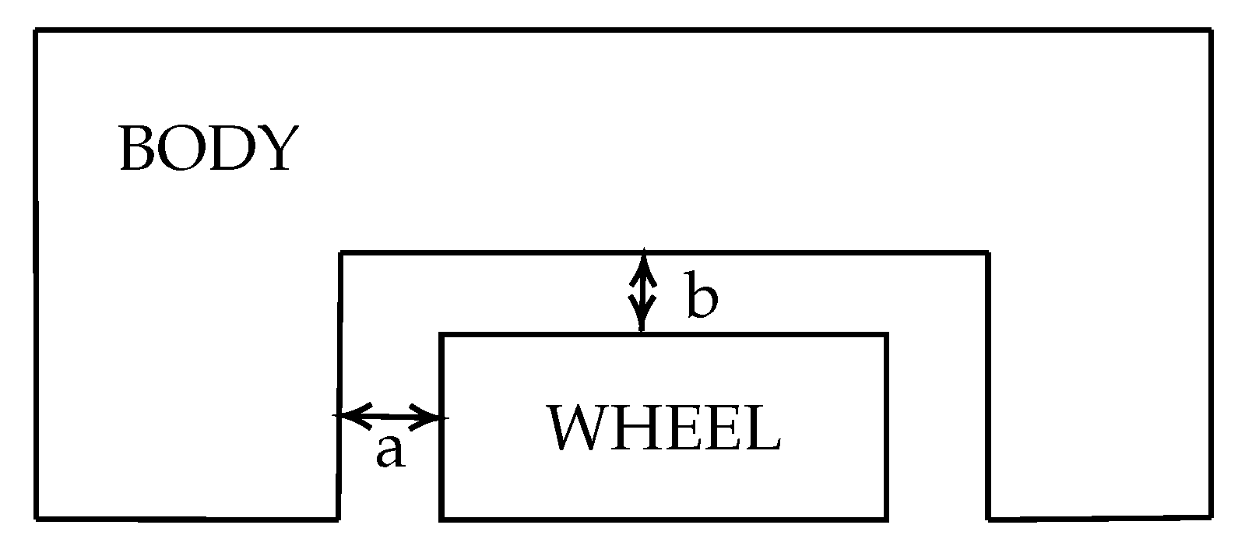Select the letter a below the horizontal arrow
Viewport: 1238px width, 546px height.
(390, 451)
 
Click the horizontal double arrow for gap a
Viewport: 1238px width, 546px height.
(391, 416)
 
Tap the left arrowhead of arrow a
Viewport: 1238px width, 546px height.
(346, 415)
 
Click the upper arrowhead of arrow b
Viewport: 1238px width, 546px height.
(642, 260)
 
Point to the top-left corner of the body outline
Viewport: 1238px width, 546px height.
(37, 31)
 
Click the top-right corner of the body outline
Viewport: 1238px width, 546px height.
(1210, 31)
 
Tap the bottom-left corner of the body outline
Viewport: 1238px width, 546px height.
(37, 516)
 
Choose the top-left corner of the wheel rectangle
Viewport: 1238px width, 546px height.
(441, 335)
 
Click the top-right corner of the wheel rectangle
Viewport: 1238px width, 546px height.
(887, 335)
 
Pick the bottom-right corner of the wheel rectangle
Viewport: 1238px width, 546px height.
(887, 518)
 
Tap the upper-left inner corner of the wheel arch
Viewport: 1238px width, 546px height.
(342, 252)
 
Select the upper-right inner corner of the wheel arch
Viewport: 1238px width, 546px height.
(987, 252)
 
